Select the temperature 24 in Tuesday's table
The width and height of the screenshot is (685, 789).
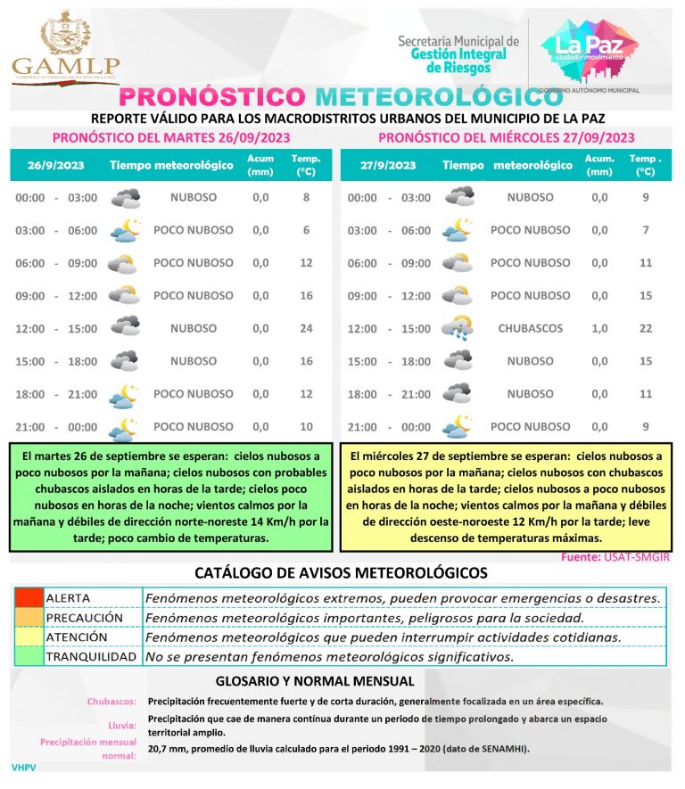pos(306,328)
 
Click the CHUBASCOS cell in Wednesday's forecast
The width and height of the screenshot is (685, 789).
pos(531,328)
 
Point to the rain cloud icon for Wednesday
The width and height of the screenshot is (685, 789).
pos(458,328)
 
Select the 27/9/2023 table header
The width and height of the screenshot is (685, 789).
pos(388,165)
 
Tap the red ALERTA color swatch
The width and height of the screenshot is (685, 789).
pos(28,597)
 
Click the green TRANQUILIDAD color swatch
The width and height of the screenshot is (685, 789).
pos(28,657)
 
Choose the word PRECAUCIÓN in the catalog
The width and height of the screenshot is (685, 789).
pos(85,617)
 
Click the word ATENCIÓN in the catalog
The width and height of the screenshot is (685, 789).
pos(77,637)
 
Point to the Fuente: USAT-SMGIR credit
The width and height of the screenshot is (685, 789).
pos(615,557)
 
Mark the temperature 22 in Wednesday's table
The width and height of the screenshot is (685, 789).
pos(646,328)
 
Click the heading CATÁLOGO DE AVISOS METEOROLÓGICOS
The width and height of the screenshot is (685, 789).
pos(342,572)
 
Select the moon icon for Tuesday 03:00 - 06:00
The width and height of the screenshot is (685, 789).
pos(125,230)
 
